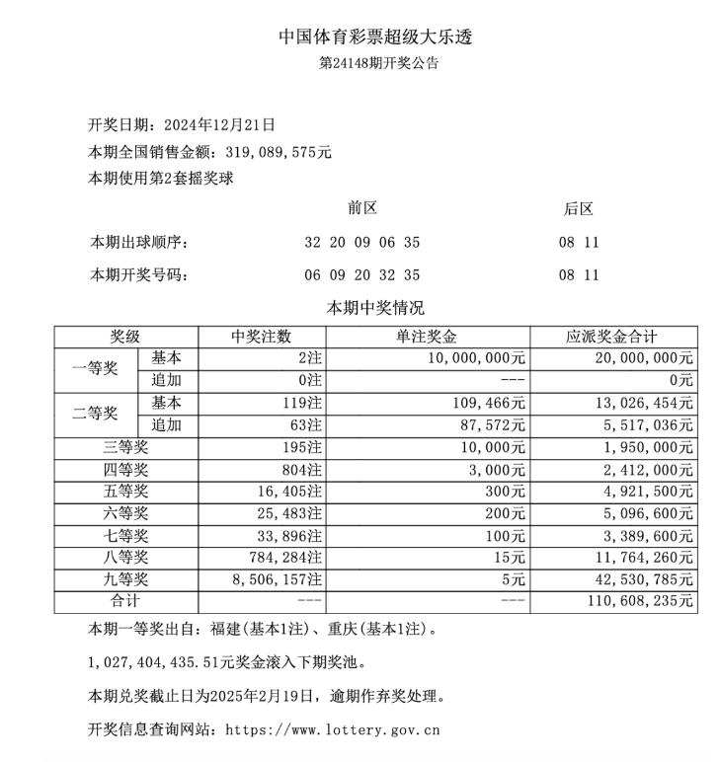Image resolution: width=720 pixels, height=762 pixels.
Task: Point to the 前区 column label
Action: [x=362, y=209]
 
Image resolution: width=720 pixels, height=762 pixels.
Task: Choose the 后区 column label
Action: [x=578, y=209]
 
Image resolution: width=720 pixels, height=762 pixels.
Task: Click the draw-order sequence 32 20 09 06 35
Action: [x=362, y=243]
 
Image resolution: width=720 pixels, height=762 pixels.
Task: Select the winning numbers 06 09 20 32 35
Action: [x=362, y=275]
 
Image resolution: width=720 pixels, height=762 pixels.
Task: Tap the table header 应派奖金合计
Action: [x=612, y=337]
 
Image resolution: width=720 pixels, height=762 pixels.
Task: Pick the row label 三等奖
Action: [x=125, y=447]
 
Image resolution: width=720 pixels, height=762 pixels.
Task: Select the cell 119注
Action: [x=300, y=403]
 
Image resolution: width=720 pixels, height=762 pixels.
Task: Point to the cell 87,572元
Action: [x=490, y=425]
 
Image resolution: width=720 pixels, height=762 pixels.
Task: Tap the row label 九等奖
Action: [x=125, y=579]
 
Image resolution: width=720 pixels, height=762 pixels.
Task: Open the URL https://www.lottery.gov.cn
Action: [x=333, y=731]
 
